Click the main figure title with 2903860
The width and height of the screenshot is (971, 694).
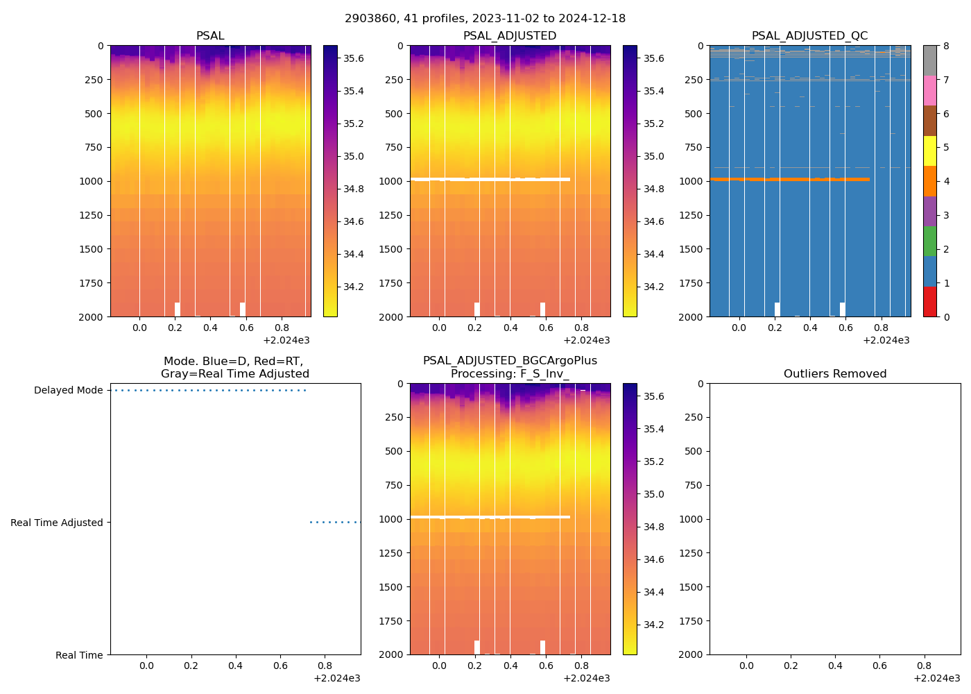[x=485, y=19]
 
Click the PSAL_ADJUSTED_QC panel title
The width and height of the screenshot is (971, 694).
[x=809, y=36]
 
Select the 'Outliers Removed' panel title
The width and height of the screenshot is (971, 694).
[x=834, y=374]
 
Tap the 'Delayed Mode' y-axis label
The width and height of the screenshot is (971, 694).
[x=68, y=391]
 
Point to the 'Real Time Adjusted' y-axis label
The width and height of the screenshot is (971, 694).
[x=56, y=523]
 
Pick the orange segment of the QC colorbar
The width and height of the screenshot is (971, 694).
[x=929, y=181]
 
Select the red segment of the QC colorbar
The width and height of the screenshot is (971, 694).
[x=929, y=302]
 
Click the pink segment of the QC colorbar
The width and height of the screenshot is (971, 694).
[x=929, y=91]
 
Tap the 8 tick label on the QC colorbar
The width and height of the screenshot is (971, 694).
[x=946, y=46]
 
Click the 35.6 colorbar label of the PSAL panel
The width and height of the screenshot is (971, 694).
[x=354, y=58]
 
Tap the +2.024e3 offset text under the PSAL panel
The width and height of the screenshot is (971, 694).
[x=286, y=341]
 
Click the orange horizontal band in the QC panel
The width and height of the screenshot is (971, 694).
[x=789, y=179]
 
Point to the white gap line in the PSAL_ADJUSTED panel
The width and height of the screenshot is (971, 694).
[x=490, y=179]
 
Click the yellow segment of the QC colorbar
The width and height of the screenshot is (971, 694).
[x=929, y=151]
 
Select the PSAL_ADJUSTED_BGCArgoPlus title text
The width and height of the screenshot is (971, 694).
[x=510, y=361]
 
